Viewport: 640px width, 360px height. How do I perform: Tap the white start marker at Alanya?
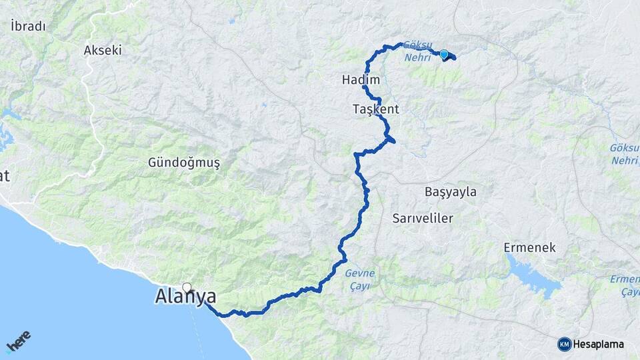[187, 289]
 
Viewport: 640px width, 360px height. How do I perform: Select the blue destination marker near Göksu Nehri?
[443, 53]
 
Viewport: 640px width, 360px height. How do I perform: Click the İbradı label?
[28, 27]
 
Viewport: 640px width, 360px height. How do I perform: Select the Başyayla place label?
[451, 192]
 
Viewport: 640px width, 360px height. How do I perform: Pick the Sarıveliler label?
[423, 219]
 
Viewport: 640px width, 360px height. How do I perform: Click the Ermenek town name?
[529, 247]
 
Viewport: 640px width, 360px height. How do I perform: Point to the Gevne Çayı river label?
[360, 279]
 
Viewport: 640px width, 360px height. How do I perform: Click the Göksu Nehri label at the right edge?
[625, 153]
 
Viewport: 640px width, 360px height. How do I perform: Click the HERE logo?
[18, 341]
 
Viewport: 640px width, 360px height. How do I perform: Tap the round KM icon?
[564, 344]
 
